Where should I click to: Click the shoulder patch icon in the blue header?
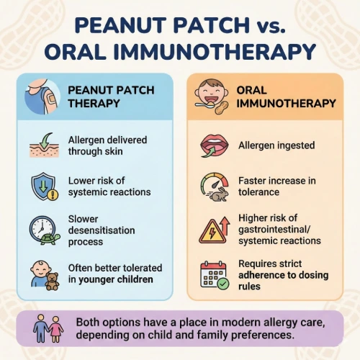point(42,98)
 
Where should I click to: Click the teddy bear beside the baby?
point(53,280)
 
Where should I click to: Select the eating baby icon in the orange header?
point(210,97)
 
